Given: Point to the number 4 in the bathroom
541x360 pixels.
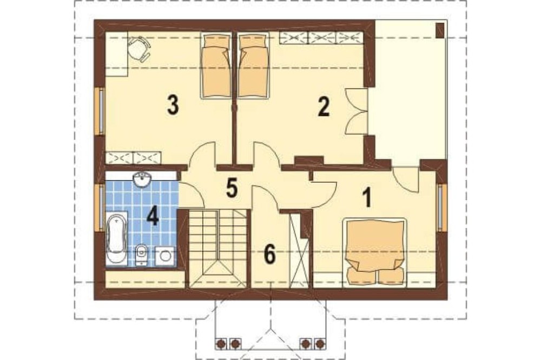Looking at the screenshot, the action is point(153,217).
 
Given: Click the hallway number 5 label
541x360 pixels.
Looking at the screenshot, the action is point(232,188).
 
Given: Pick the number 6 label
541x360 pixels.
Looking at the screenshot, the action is point(270,255).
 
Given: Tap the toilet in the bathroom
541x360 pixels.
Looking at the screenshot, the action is point(141,255).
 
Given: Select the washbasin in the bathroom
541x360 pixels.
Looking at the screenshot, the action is point(142,179).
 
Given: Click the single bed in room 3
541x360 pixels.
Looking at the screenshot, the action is point(216,65).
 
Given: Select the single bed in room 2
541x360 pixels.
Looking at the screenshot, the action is point(253,65).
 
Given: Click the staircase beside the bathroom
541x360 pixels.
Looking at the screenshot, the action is point(217,248).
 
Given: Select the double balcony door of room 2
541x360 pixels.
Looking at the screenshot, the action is point(356,110).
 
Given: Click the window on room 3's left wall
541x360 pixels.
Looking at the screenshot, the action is point(102,111).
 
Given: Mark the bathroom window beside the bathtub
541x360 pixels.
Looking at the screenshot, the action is point(102,208).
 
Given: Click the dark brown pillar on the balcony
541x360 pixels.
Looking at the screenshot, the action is point(440,30).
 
